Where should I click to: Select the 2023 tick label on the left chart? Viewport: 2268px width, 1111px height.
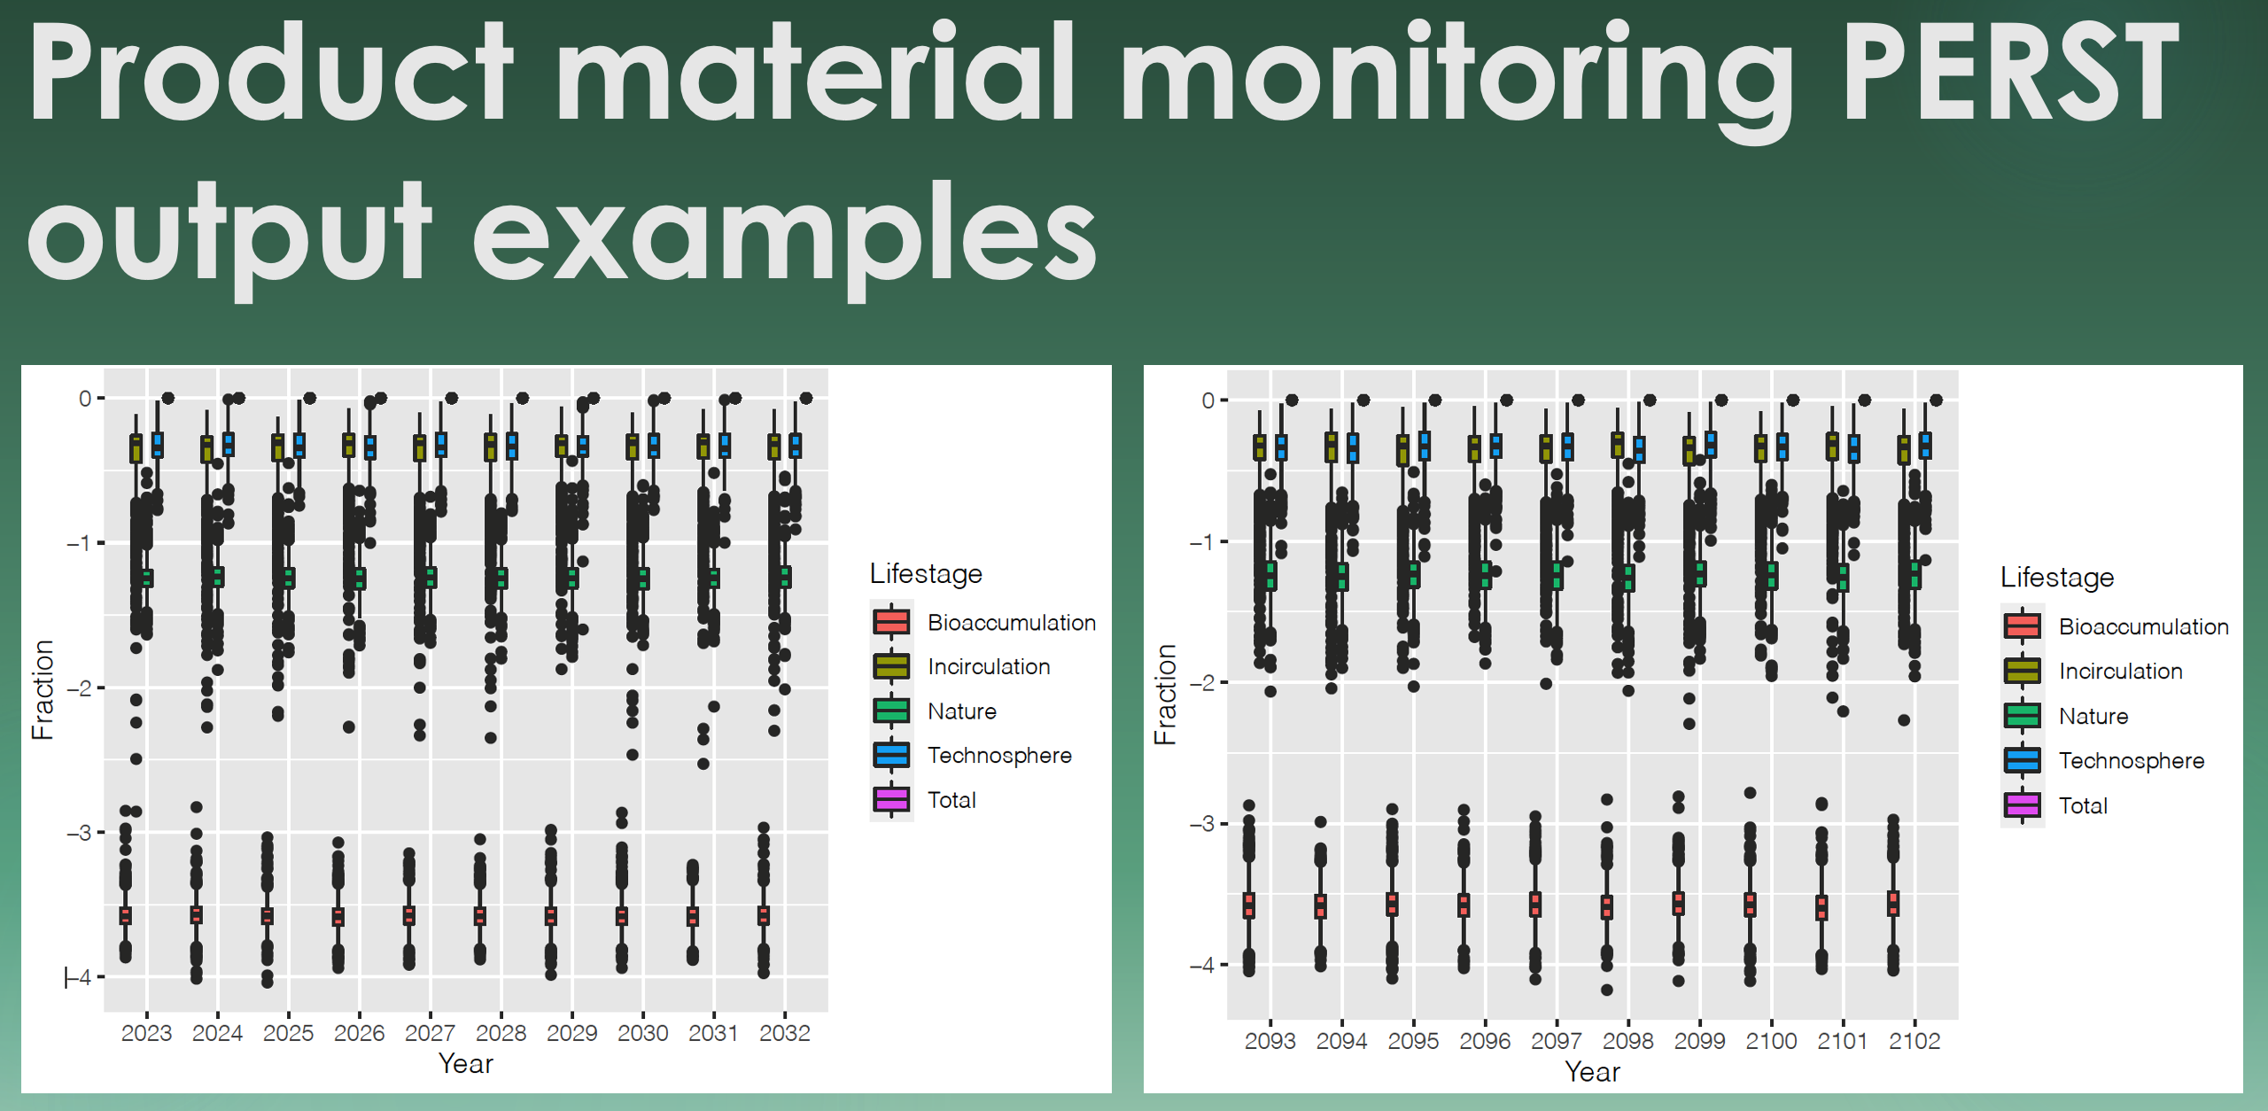(x=146, y=1033)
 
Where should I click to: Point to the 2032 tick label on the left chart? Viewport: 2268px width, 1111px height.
(x=785, y=1033)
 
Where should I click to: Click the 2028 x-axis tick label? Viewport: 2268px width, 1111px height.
(x=501, y=1033)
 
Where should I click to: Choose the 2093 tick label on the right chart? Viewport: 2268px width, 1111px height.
(x=1270, y=1041)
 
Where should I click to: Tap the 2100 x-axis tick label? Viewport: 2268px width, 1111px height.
(x=1771, y=1041)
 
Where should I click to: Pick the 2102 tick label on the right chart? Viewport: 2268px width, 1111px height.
(x=1915, y=1041)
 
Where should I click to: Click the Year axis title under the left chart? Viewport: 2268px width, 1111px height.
(x=466, y=1063)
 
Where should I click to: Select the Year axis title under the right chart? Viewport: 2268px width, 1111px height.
(x=1592, y=1072)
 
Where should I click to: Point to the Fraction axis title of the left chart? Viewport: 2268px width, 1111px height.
(x=43, y=690)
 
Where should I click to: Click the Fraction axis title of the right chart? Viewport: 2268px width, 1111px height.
(x=1165, y=695)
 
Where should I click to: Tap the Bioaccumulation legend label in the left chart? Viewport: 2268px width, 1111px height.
(x=1012, y=623)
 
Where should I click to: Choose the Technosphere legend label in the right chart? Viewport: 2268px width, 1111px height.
(x=2132, y=761)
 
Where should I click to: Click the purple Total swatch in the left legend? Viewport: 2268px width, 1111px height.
(x=891, y=799)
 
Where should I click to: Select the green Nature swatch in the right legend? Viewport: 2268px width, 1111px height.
(x=2023, y=715)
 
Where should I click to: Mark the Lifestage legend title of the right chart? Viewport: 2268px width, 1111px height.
(x=2057, y=578)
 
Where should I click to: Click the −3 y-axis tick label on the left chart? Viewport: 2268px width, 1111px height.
(x=78, y=833)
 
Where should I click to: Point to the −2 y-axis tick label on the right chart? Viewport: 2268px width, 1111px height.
(x=1201, y=683)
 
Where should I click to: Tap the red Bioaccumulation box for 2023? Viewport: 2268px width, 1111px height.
(x=126, y=916)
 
